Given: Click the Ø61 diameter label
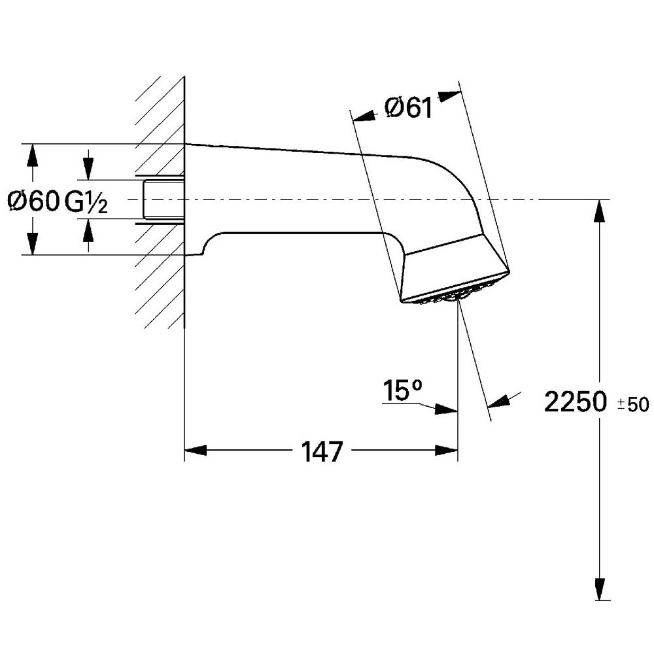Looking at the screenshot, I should tap(409, 107).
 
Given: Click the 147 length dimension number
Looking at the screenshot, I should tap(322, 451).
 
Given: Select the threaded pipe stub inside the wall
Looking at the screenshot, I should tap(162, 199).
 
